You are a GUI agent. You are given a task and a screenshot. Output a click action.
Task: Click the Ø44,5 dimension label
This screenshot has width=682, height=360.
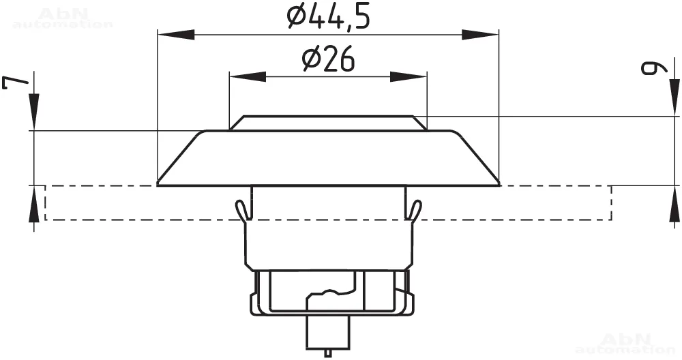(329, 18)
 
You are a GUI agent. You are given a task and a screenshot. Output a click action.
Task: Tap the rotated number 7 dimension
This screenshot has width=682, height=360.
(16, 82)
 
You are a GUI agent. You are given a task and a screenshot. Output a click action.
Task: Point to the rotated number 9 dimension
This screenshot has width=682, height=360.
(654, 68)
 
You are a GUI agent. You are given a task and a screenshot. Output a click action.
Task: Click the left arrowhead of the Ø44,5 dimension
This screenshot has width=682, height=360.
(176, 35)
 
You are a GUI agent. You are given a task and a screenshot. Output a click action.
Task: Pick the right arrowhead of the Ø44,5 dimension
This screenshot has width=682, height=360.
(480, 35)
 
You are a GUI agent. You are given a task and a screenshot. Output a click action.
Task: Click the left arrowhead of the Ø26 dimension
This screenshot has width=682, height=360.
(248, 77)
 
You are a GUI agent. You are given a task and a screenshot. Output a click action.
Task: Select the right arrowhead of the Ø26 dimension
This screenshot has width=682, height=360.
(409, 77)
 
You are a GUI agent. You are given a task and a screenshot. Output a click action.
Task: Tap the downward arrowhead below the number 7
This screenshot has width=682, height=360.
(34, 112)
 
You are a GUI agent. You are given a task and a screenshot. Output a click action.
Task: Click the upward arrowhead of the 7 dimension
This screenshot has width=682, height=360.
(34, 204)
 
